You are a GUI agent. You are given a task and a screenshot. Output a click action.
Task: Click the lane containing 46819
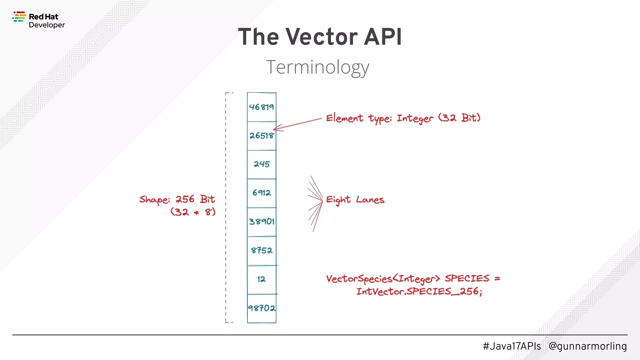point(262,107)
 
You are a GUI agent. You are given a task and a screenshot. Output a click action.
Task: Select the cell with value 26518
point(262,136)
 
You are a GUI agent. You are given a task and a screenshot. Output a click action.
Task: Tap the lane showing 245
point(262,164)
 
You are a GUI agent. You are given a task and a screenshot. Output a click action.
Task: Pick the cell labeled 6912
point(262,193)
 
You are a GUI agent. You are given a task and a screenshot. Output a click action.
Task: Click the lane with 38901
point(262,222)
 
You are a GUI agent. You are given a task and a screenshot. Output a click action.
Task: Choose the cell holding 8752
point(262,250)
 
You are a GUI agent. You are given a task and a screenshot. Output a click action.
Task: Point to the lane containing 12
point(262,279)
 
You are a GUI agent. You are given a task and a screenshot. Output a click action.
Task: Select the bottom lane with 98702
point(262,308)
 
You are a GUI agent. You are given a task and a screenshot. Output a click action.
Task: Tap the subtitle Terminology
point(317,67)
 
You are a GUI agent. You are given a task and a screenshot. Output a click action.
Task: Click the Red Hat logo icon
point(19,17)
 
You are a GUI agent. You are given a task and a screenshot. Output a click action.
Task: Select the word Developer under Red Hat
point(47,25)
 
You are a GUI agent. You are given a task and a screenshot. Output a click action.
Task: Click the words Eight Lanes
point(355,200)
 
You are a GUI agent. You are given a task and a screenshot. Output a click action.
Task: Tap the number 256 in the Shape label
point(185,199)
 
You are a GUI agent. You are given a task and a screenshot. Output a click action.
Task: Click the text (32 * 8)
point(193,212)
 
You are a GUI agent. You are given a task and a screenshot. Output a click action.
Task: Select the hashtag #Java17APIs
point(512,346)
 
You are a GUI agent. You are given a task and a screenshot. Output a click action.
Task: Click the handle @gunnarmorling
point(587,346)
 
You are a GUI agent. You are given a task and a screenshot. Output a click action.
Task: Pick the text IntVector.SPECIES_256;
point(419,292)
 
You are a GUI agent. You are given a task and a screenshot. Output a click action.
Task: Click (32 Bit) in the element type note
point(459,118)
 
